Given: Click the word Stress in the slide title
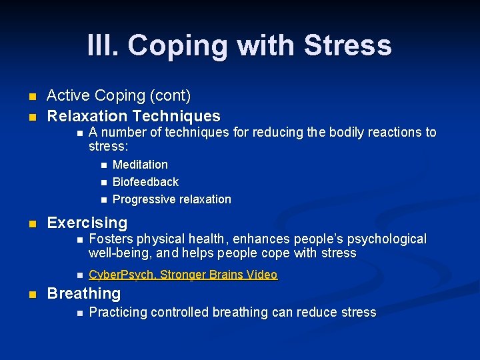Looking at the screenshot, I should point(347,45).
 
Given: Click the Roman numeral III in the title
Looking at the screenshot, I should point(102,45).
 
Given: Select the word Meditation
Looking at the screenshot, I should point(140,165).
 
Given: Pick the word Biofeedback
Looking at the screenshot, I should point(145,182).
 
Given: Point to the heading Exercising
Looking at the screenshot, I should point(87,223).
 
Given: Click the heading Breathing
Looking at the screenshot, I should point(83,293).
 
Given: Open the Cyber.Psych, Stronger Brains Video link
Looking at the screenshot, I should point(183,275).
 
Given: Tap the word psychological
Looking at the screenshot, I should point(386,239).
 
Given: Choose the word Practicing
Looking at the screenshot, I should point(118,312).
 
